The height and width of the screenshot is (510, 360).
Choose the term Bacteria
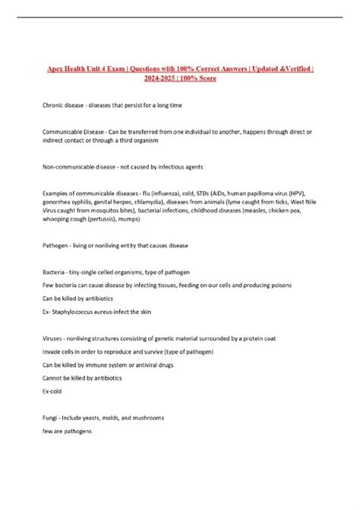[55, 272]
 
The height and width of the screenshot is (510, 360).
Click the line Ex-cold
[55, 392]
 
